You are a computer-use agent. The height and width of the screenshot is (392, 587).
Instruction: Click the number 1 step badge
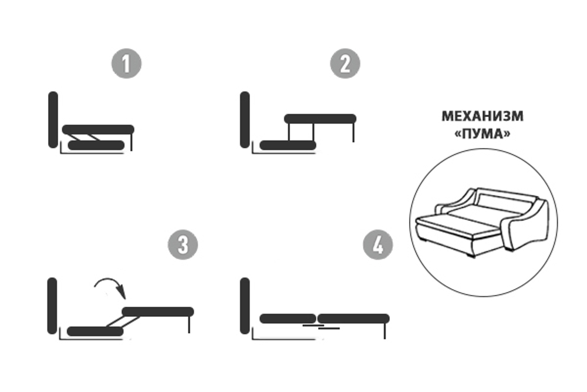[x=127, y=63]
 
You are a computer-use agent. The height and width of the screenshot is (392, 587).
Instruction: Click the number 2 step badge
[x=345, y=63]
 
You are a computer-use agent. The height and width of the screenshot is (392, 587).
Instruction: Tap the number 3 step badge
[x=183, y=244]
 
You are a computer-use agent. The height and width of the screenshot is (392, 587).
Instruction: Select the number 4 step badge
[x=378, y=244]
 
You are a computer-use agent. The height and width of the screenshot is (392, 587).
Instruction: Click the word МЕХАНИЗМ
[x=483, y=116]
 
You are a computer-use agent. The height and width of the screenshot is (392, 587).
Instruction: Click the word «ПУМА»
[x=483, y=133]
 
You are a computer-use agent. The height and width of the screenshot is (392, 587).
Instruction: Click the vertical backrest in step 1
[x=53, y=119]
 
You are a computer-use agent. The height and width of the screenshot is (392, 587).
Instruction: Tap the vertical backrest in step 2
[x=245, y=119]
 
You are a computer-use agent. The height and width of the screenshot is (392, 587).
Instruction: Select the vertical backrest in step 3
[x=52, y=306]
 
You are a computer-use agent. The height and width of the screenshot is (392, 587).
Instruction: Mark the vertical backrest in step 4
[x=245, y=306]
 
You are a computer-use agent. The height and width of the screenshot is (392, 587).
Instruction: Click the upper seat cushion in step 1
[x=98, y=130]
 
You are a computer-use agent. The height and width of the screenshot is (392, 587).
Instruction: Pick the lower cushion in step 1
[x=96, y=145]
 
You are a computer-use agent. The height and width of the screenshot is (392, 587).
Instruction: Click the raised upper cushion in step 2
[x=320, y=119]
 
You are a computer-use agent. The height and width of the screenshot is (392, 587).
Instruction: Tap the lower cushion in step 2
[x=288, y=145]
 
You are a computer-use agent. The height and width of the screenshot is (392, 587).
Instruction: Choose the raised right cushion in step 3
[x=158, y=311]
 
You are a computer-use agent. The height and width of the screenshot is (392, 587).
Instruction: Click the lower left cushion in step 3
[x=95, y=331]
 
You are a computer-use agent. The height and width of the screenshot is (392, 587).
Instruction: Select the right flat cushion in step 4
[x=353, y=319]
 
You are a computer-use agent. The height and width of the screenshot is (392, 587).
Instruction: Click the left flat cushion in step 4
[x=288, y=319]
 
